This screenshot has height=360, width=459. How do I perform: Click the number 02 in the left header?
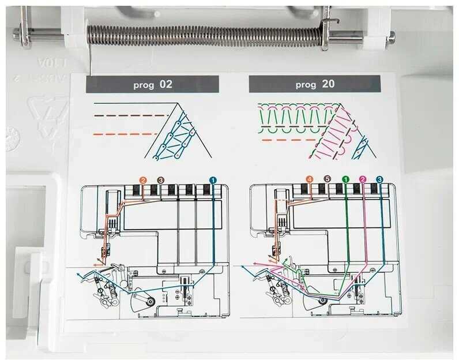(x=166, y=84)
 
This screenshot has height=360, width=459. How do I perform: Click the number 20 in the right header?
(x=328, y=84)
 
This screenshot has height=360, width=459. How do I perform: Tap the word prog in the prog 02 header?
(x=143, y=85)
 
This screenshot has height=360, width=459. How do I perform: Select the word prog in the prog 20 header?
(x=306, y=85)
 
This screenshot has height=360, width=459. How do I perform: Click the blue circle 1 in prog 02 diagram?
(x=213, y=180)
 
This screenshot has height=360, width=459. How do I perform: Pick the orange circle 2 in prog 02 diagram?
(x=143, y=180)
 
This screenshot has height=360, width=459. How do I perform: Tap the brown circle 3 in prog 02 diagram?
(x=160, y=180)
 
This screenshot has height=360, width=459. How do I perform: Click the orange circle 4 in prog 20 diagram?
(x=310, y=179)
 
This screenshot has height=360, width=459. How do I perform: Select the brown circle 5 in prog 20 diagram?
(x=328, y=179)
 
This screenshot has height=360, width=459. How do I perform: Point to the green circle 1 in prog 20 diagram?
(x=345, y=179)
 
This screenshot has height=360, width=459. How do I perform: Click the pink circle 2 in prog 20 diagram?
(x=363, y=179)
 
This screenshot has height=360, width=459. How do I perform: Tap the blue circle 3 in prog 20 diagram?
(x=379, y=179)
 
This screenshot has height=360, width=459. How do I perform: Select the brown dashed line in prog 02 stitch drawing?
(x=130, y=115)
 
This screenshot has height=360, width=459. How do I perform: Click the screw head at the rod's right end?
(x=392, y=38)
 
